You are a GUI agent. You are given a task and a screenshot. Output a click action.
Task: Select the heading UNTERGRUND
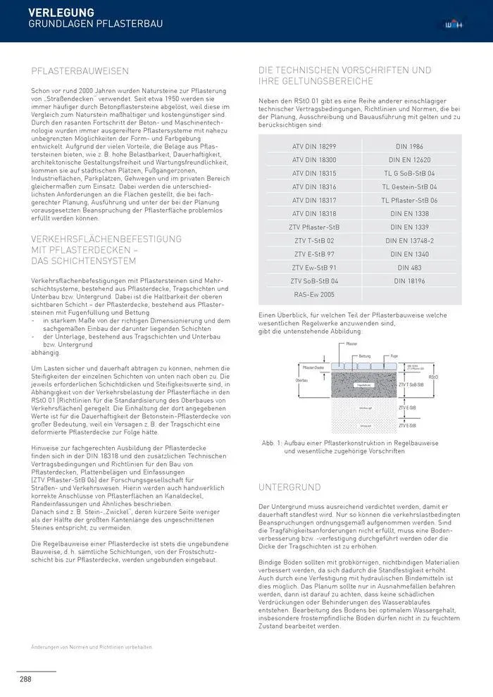(x=289, y=486)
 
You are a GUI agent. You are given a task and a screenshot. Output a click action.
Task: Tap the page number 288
(x=25, y=679)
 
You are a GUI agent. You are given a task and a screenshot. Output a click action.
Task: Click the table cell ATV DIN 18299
(x=314, y=146)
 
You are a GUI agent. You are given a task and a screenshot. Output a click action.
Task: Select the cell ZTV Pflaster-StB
(x=314, y=227)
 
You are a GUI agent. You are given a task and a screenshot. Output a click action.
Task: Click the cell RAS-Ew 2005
(x=314, y=294)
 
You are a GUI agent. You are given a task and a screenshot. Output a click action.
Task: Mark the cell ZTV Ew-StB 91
(x=314, y=268)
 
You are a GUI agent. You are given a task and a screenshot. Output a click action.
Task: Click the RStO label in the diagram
(x=433, y=377)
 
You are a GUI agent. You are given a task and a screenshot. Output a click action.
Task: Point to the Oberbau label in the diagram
(x=302, y=380)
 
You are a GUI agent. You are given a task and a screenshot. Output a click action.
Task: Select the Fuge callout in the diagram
(x=394, y=356)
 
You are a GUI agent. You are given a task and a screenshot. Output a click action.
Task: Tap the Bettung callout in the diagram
(x=364, y=356)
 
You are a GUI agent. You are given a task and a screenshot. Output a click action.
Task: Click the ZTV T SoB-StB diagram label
(x=411, y=385)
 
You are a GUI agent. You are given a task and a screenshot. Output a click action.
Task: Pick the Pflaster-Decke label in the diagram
(x=313, y=368)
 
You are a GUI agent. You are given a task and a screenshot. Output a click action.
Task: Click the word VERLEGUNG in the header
(x=61, y=12)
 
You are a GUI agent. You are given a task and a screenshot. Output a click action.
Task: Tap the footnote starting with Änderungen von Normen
(x=92, y=647)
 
